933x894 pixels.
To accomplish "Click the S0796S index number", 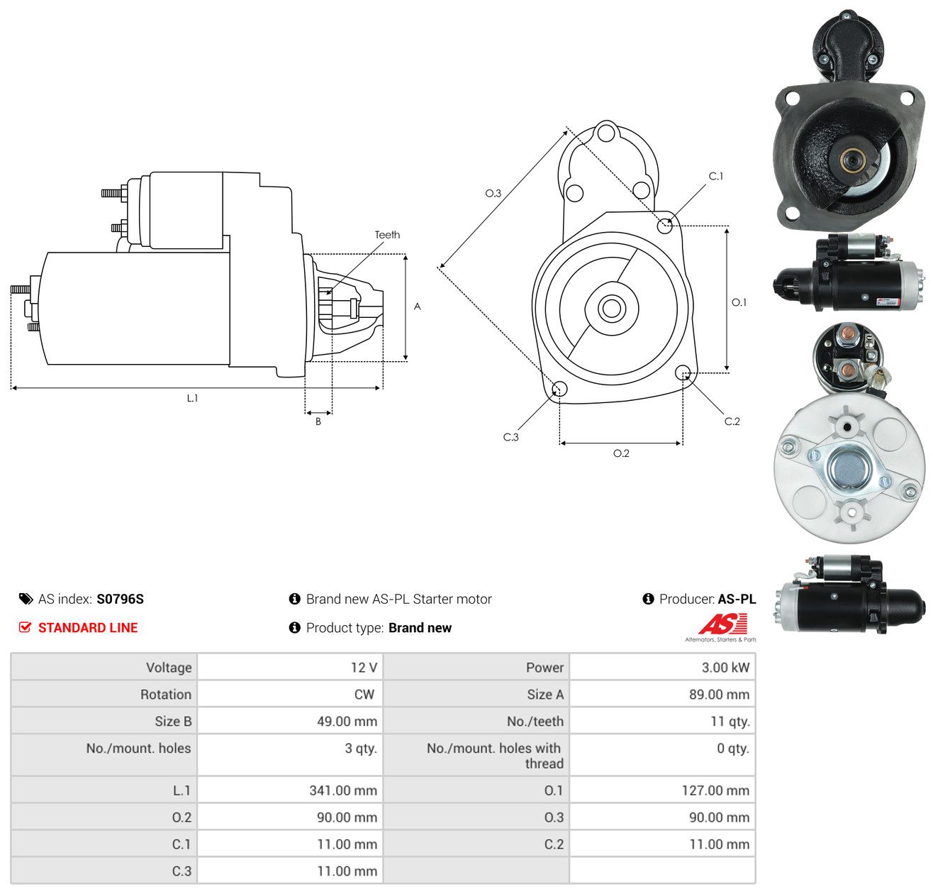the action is [x=120, y=598].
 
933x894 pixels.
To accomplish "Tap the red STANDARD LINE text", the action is [x=88, y=627].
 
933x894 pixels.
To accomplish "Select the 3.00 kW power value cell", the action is [x=725, y=667].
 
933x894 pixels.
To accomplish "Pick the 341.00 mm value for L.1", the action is [x=343, y=790].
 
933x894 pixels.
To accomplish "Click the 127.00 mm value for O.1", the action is [x=715, y=790].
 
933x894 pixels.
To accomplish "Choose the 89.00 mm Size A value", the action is [x=719, y=694].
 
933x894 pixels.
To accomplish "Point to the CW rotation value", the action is [x=364, y=694].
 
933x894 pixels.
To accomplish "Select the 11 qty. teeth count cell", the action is [x=730, y=722].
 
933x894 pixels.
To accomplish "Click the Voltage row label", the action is [x=169, y=668].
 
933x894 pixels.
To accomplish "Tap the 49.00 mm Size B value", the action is [x=347, y=721].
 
